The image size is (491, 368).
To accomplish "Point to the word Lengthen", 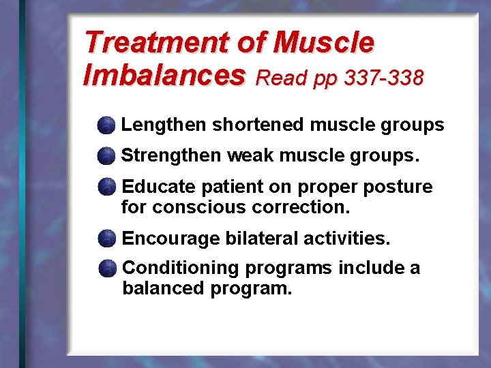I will (x=164, y=125).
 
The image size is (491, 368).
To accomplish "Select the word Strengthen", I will (x=171, y=155).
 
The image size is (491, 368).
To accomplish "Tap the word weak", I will (x=251, y=155).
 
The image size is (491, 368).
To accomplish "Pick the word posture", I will (x=402, y=187).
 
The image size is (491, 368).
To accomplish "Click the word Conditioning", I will (x=179, y=269).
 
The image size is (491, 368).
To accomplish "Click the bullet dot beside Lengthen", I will (x=106, y=125).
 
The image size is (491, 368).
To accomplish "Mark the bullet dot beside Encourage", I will (x=106, y=239).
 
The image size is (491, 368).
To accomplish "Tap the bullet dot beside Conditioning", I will (x=106, y=269).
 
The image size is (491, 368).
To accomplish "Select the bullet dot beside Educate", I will (x=106, y=187).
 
